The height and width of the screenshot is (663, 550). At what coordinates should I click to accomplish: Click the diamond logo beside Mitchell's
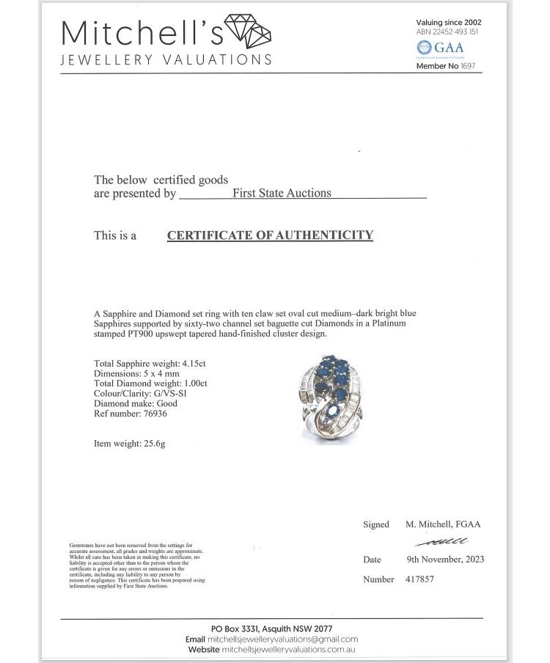tap(248, 31)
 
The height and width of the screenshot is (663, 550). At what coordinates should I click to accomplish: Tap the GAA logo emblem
tap(423, 48)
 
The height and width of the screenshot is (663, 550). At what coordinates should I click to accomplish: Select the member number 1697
tap(469, 66)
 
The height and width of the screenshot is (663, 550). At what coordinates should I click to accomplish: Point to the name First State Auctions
tap(282, 194)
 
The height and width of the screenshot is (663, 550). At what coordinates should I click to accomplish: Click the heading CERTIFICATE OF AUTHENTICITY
tap(270, 235)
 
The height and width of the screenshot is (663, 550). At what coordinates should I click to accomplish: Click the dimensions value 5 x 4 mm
tap(173, 373)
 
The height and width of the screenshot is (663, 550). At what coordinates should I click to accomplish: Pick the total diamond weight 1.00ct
tap(194, 384)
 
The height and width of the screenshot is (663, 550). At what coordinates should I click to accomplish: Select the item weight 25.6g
tap(153, 444)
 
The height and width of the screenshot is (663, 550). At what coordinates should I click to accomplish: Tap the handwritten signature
tap(441, 542)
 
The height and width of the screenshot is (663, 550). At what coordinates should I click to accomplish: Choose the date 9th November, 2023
tap(445, 559)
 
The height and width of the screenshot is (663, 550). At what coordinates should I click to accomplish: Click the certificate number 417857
tap(419, 579)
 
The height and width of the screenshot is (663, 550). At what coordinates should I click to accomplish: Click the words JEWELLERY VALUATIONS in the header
tap(166, 60)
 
